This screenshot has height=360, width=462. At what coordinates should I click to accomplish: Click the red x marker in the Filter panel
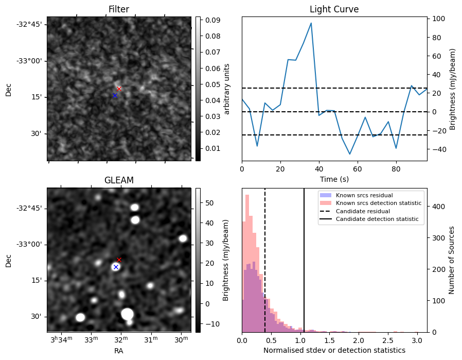[x=119, y=89]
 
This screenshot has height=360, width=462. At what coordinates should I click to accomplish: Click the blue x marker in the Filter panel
[x=115, y=96]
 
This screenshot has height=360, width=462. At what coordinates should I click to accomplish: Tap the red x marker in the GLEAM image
[x=119, y=260]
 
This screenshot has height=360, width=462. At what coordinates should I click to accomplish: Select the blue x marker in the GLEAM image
[x=116, y=267]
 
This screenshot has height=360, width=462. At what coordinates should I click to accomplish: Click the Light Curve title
[x=334, y=9]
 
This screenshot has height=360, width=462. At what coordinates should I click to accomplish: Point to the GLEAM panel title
[x=119, y=180]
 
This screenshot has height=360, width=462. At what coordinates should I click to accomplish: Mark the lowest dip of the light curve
[x=350, y=154]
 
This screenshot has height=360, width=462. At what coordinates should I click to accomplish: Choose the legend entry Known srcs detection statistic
[x=379, y=203]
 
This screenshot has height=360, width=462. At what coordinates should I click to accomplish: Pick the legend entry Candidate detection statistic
[x=377, y=219]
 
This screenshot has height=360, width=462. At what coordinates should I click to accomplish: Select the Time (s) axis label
[x=334, y=178]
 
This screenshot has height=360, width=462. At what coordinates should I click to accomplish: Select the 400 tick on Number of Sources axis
[x=437, y=207]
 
